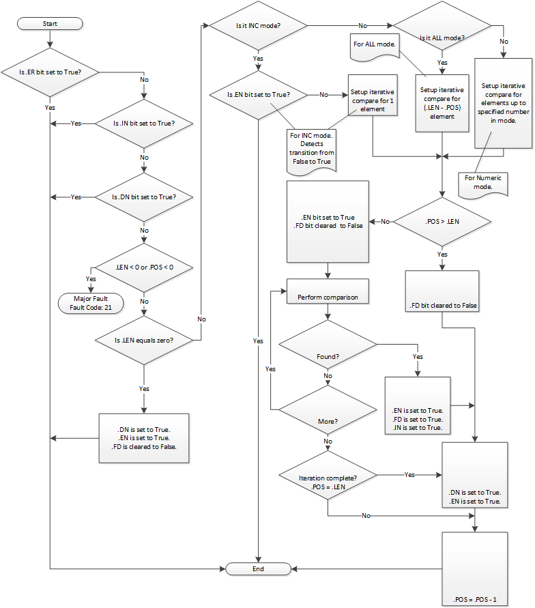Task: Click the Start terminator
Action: tap(50, 23)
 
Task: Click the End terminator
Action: tap(258, 568)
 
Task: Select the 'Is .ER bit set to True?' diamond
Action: tap(50, 72)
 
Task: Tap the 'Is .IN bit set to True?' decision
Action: tap(143, 124)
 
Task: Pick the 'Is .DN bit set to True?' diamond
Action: tap(143, 197)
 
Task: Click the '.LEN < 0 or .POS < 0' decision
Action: tap(143, 267)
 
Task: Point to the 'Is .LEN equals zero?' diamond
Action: tap(143, 339)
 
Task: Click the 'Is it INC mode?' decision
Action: tap(258, 26)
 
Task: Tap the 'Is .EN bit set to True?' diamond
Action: tap(258, 94)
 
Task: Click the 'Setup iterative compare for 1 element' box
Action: tap(373, 95)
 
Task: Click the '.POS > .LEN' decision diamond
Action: tap(442, 221)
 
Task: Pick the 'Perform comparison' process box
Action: tap(328, 298)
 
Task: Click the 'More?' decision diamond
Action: tap(328, 409)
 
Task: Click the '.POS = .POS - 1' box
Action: tap(475, 569)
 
